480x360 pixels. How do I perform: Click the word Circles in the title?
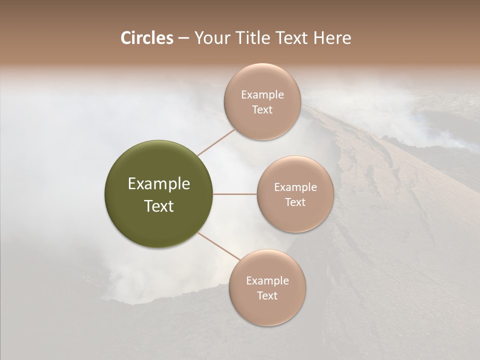pyautogui.click(x=146, y=38)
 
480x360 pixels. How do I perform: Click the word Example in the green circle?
pyautogui.click(x=159, y=184)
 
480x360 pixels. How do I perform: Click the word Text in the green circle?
pyautogui.click(x=159, y=206)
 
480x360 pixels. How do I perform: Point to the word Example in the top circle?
pyautogui.click(x=262, y=95)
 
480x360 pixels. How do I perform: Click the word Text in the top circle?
pyautogui.click(x=262, y=110)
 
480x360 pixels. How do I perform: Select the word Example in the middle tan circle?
pyautogui.click(x=295, y=187)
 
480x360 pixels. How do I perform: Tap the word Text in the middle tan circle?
pyautogui.click(x=295, y=202)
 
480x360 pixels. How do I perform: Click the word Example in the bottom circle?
pyautogui.click(x=267, y=281)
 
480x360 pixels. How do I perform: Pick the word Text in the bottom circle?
pyautogui.click(x=267, y=296)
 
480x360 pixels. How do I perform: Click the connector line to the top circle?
pyautogui.click(x=216, y=142)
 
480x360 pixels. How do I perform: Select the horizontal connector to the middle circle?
pyautogui.click(x=235, y=194)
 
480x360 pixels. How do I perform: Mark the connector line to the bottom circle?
pyautogui.click(x=219, y=246)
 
